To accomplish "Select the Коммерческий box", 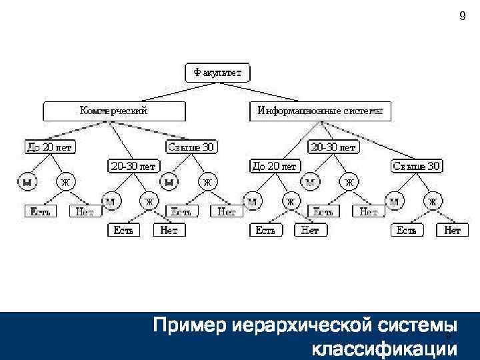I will tap(113, 111).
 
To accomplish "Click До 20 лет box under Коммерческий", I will tap(48, 146).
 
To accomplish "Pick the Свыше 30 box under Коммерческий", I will tap(192, 146).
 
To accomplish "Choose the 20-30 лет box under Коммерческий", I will tap(133, 165).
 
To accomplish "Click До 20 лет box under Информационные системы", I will tap(275, 165).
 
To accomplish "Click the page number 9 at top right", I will tap(463, 17).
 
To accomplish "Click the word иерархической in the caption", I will tap(296, 327).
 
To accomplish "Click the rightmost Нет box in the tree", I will tap(453, 230).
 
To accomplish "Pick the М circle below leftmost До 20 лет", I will tap(27, 181).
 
